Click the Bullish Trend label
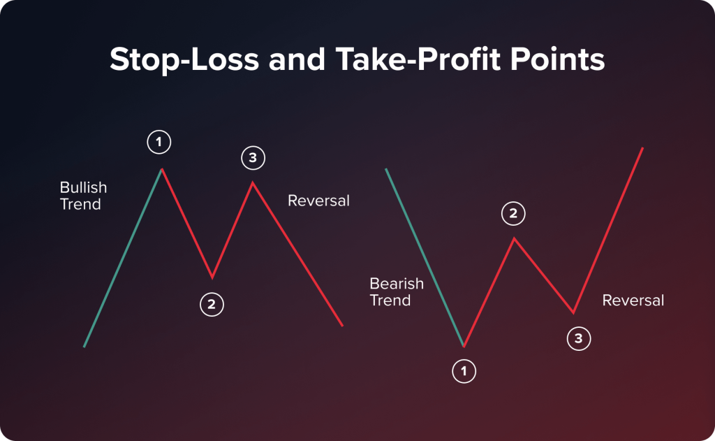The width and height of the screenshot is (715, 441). [x=83, y=196]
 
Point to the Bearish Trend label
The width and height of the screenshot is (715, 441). [x=396, y=292]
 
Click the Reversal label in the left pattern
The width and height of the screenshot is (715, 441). [x=318, y=201]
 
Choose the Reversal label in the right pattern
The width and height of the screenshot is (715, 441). [x=633, y=301]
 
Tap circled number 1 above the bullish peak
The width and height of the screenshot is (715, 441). [x=159, y=143]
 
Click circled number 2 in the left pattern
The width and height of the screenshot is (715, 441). [x=212, y=304]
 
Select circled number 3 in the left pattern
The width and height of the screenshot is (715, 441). [x=253, y=158]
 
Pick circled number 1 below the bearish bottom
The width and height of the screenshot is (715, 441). [x=464, y=371]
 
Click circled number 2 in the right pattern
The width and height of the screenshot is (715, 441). [x=513, y=214]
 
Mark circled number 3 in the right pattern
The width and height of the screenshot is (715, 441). [x=578, y=339]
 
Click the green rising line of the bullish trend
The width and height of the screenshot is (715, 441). [x=123, y=258]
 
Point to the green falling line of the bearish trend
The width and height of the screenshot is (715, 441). [x=425, y=258]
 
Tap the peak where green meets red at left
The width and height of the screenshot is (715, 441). [x=162, y=169]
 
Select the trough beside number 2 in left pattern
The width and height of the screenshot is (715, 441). [x=212, y=277]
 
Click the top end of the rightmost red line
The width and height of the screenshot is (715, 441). [x=642, y=148]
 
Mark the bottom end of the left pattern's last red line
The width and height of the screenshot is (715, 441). [x=342, y=325]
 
